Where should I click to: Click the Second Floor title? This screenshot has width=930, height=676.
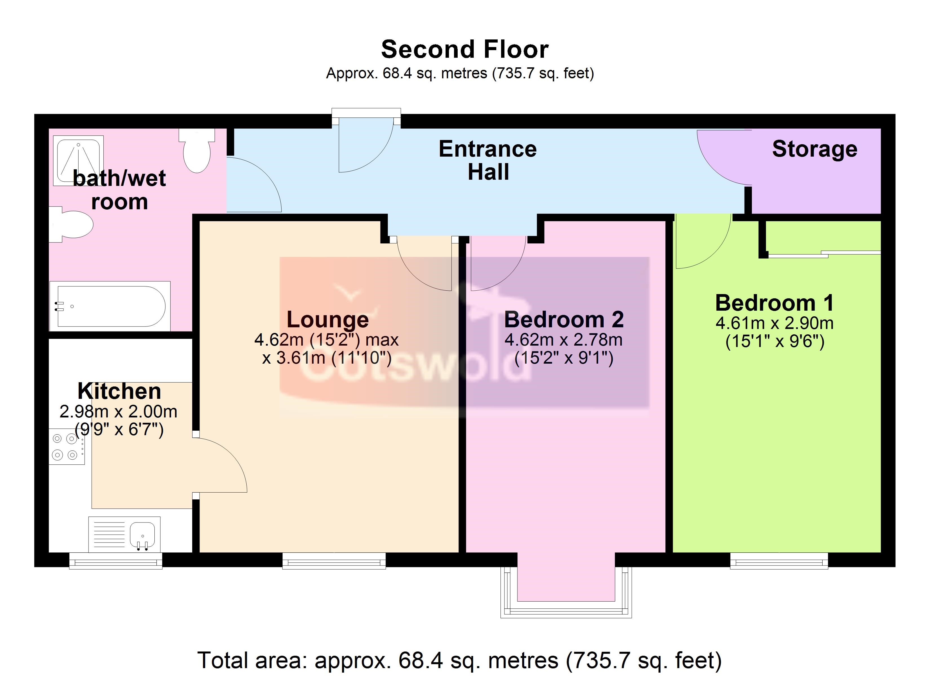[x=465, y=50]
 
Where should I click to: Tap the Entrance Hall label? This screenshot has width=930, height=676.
[x=488, y=160]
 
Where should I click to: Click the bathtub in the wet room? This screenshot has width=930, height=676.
[x=110, y=306]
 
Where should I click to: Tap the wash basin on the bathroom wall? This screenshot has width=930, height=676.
[x=71, y=224]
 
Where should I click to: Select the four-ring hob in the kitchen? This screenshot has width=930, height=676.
[x=67, y=446]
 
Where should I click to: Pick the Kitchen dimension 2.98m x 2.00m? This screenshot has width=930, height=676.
[x=119, y=412]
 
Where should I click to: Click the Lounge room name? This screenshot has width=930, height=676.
[x=328, y=319]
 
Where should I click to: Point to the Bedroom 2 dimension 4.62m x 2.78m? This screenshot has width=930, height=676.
[x=563, y=340]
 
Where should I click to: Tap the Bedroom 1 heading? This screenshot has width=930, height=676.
[x=775, y=303]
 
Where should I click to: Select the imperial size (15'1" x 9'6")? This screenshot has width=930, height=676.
[x=775, y=341]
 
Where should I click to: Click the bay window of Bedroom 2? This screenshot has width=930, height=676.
[x=566, y=592]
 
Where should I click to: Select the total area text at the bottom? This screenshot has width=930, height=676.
[x=460, y=661]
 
